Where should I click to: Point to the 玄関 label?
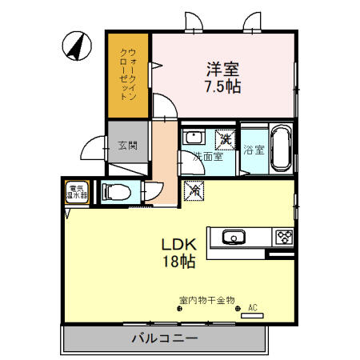[128, 146]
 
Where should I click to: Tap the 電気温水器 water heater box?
[78, 192]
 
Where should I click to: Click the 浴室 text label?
[254, 149]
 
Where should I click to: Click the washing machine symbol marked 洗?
[226, 139]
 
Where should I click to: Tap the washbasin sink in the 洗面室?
[193, 138]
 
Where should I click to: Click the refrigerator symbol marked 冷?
[194, 192]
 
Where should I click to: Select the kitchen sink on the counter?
[233, 237]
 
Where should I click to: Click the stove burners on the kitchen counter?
[284, 237]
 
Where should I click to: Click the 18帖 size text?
[181, 262]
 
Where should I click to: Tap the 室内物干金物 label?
[206, 301]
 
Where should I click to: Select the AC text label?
[253, 307]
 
